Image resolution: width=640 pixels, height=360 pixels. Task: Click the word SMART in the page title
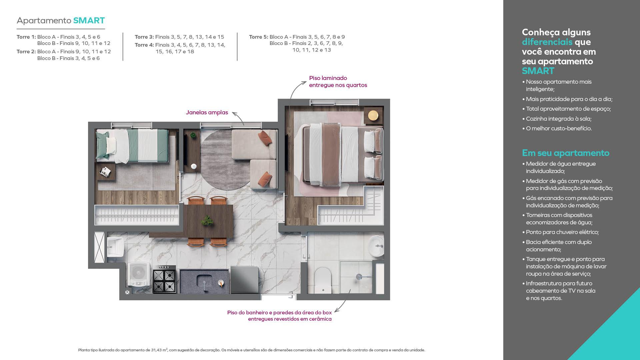coord(89,20)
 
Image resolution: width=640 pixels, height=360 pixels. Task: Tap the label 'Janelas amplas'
coord(207,112)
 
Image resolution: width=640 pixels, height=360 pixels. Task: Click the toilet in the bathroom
coord(323,280)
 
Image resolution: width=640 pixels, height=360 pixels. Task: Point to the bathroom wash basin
coord(377,246)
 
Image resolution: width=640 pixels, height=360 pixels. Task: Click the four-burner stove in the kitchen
coord(165,279)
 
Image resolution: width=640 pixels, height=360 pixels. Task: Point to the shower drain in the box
coord(359,277)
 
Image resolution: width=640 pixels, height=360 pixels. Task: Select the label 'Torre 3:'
coord(144,37)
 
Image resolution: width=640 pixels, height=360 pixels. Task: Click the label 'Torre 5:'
coord(259,37)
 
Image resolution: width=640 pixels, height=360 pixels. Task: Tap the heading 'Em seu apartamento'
coord(566,153)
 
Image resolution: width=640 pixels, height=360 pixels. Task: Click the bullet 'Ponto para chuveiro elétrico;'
coord(562,232)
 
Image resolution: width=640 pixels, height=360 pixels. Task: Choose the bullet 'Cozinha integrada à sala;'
coord(559,119)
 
